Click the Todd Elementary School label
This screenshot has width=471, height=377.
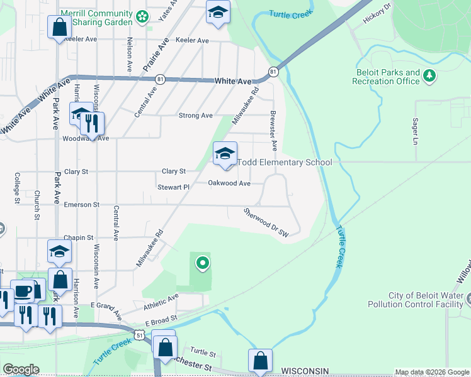point(285,163)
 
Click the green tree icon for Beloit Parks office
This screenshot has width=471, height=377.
point(430,76)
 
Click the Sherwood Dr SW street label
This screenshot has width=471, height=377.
point(266,222)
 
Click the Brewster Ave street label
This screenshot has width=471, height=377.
point(273,131)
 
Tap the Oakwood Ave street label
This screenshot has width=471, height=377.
point(229,183)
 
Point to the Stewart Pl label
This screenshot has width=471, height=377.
point(173,187)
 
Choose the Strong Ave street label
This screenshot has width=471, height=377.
point(195,116)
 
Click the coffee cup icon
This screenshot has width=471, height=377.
point(23,292)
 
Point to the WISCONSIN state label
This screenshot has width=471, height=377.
point(305,371)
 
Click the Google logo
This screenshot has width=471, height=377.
point(20,369)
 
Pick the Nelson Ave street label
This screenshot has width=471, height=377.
point(130,53)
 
